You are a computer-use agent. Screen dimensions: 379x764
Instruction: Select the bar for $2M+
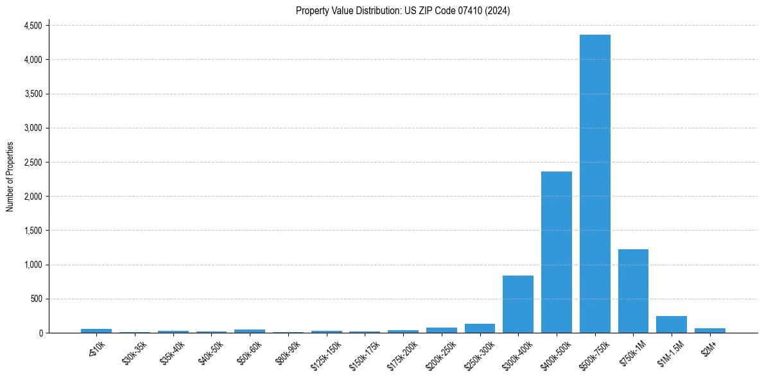709,330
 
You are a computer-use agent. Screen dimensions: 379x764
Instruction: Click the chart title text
403,10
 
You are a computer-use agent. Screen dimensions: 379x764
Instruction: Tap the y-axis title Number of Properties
10,177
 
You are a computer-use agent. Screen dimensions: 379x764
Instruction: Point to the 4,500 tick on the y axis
32,26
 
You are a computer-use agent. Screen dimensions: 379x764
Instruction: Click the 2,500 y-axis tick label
32,163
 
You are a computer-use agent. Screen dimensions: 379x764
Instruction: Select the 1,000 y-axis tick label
32,265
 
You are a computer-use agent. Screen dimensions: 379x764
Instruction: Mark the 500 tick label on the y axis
36,299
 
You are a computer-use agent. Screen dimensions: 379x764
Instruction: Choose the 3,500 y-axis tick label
32,94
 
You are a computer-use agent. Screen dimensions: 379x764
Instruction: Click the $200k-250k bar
441,330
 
